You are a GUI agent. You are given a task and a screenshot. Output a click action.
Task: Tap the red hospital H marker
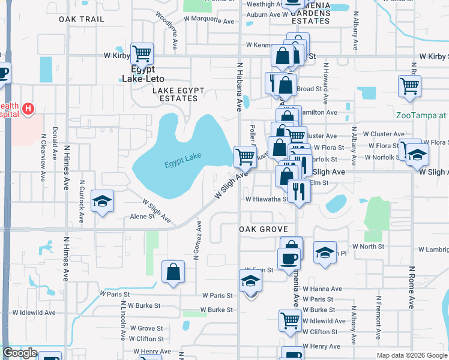click(x=27, y=109)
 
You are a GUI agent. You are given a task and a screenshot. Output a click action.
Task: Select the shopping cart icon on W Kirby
click(x=142, y=54)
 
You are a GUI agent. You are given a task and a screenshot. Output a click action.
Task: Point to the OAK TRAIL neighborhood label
click(x=82, y=19)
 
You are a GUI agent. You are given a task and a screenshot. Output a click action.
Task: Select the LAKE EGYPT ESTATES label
click(x=178, y=95)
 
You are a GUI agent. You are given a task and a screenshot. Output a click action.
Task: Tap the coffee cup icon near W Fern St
click(x=289, y=258)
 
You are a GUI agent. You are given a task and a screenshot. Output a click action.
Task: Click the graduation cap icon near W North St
click(x=325, y=253)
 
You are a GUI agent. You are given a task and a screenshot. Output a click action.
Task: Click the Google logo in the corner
click(x=20, y=353)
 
